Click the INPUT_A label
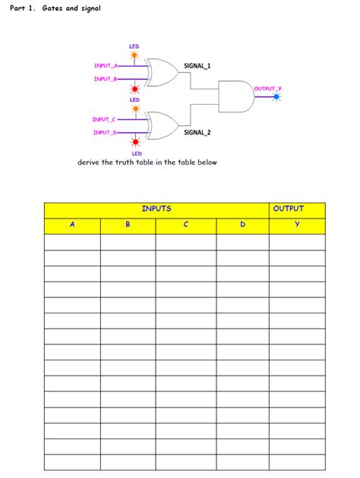tap(105, 66)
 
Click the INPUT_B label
tap(105, 79)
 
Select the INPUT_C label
tap(104, 119)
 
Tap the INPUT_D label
tap(104, 133)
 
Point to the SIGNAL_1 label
tap(197, 66)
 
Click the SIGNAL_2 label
tap(197, 133)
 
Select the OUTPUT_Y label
tap(267, 89)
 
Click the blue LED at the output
tap(276, 97)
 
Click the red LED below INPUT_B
tap(135, 89)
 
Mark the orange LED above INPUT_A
tap(134, 55)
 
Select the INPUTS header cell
tap(156, 209)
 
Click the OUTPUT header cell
tap(289, 209)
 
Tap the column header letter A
tap(72, 225)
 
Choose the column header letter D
tap(242, 225)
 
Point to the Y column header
tap(297, 225)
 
